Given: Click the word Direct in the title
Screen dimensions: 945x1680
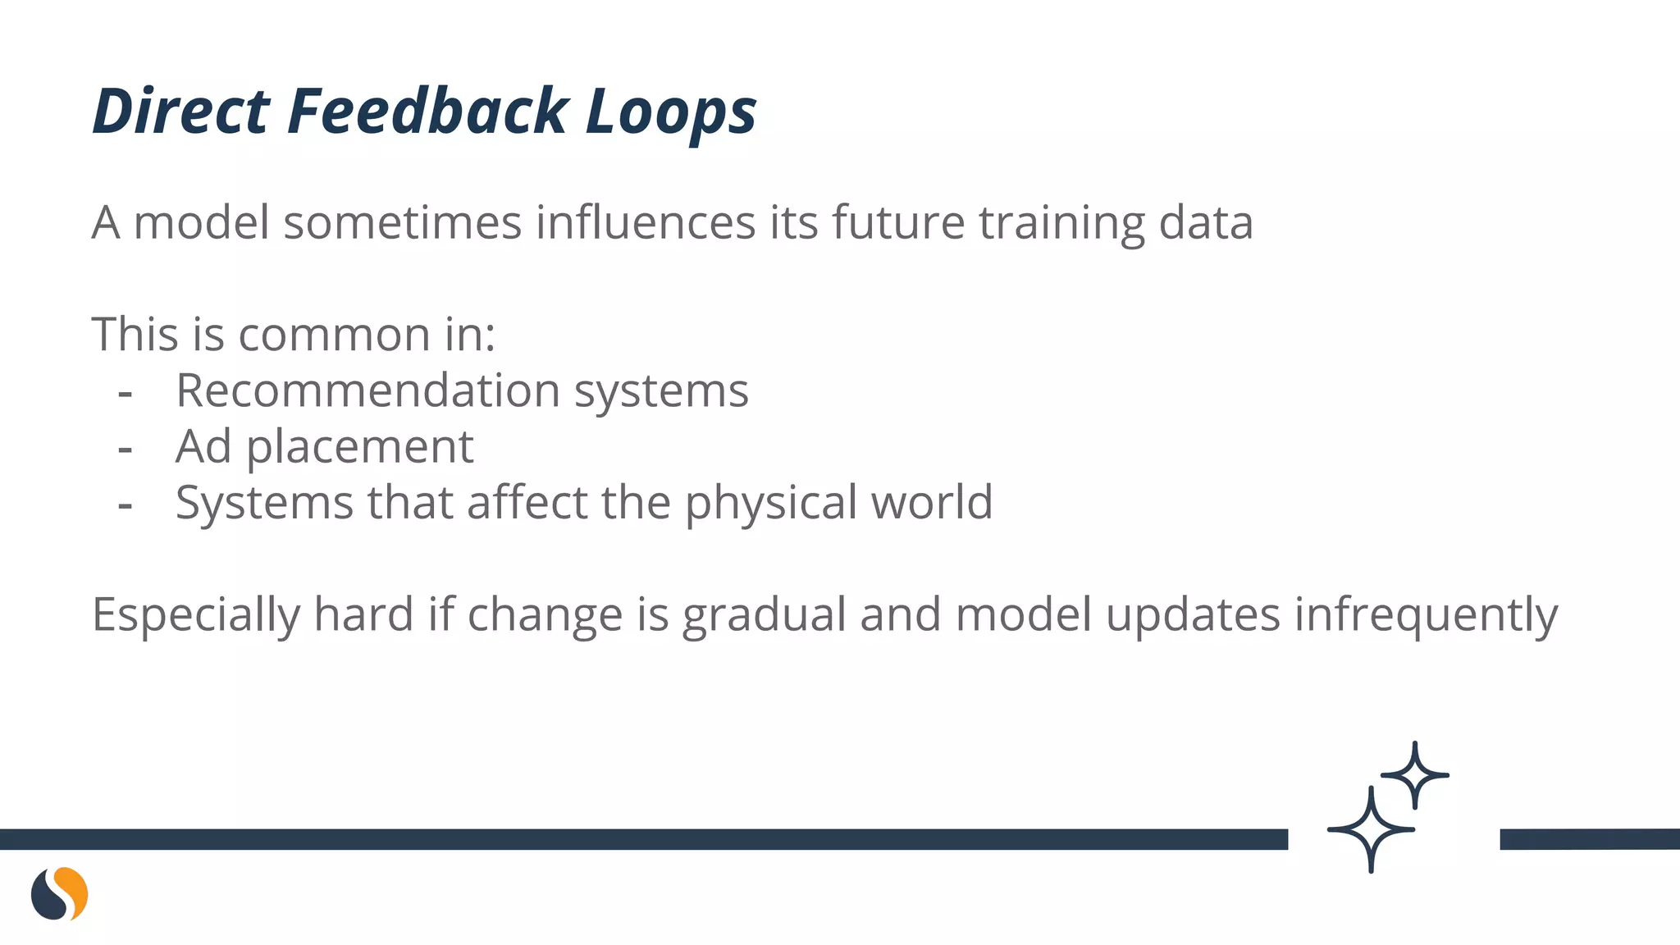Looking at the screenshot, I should [x=180, y=112].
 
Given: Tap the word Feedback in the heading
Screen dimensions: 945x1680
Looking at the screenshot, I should [x=427, y=112].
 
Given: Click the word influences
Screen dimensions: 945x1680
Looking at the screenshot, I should [x=646, y=222].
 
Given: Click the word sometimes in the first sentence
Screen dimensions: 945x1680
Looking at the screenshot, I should [x=403, y=222].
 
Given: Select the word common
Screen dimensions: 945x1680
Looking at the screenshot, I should [x=335, y=335].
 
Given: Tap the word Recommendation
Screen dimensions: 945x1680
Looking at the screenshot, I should [x=368, y=390].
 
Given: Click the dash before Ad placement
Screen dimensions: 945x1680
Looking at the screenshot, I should [x=126, y=449].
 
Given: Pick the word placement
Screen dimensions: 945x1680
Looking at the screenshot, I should [x=360, y=448].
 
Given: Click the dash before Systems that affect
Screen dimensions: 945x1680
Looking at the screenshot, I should [x=126, y=504].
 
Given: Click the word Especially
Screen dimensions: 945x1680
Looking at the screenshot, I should [x=195, y=615].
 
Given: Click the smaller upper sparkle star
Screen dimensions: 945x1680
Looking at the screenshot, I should [x=1415, y=774].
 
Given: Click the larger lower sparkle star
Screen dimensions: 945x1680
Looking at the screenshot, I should [x=1371, y=829].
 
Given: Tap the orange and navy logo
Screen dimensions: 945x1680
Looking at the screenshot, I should [x=59, y=893].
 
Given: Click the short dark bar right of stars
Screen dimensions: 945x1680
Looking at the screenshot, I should [x=1589, y=839].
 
